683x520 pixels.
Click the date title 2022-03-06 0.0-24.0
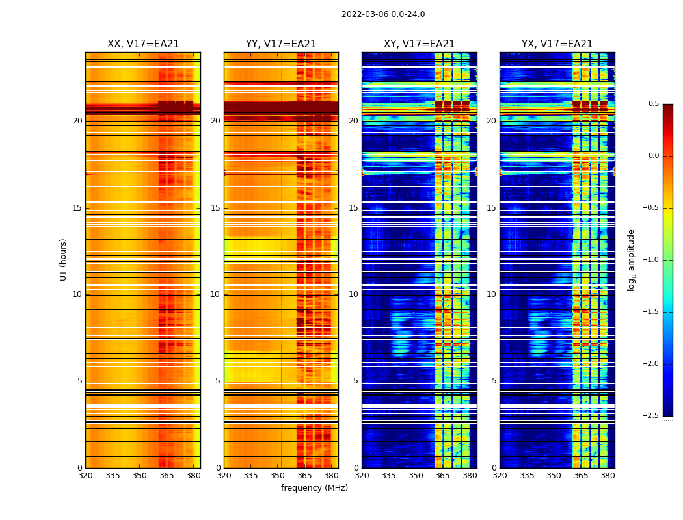(x=383, y=14)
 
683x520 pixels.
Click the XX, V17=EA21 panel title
(x=143, y=44)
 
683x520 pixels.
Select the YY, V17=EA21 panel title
(x=281, y=44)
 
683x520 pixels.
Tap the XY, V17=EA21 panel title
(x=419, y=44)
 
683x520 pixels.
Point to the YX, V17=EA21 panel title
(x=557, y=44)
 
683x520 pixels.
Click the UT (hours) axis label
(x=63, y=259)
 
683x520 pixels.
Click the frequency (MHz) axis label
(x=314, y=488)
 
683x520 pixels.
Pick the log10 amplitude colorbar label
(x=631, y=259)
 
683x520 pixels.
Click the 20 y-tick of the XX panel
(x=77, y=121)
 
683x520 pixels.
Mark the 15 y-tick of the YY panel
(x=215, y=208)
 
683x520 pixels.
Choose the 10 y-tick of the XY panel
(x=353, y=294)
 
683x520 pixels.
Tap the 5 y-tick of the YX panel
(x=494, y=381)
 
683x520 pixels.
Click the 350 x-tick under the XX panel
(x=139, y=476)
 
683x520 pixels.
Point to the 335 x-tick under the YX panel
(x=527, y=476)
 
